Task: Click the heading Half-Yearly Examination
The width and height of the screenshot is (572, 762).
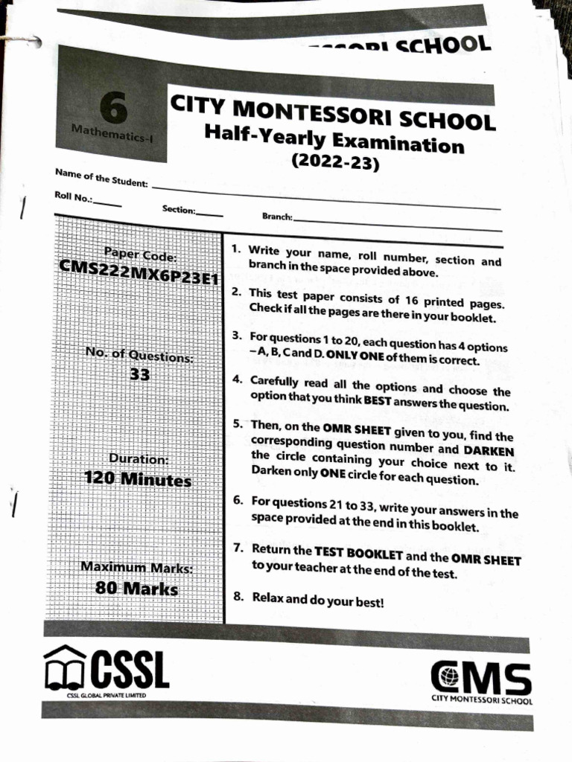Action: click(x=334, y=138)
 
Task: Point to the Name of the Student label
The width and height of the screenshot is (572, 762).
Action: click(x=101, y=178)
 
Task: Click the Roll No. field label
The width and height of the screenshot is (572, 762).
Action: click(x=74, y=197)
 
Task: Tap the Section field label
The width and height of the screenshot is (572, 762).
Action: click(x=179, y=209)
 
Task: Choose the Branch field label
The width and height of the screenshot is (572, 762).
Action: click(x=277, y=217)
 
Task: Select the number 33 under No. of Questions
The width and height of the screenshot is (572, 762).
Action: click(x=140, y=375)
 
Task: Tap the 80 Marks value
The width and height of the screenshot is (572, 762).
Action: click(x=137, y=589)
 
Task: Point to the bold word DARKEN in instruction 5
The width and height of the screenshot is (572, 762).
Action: click(x=488, y=451)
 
